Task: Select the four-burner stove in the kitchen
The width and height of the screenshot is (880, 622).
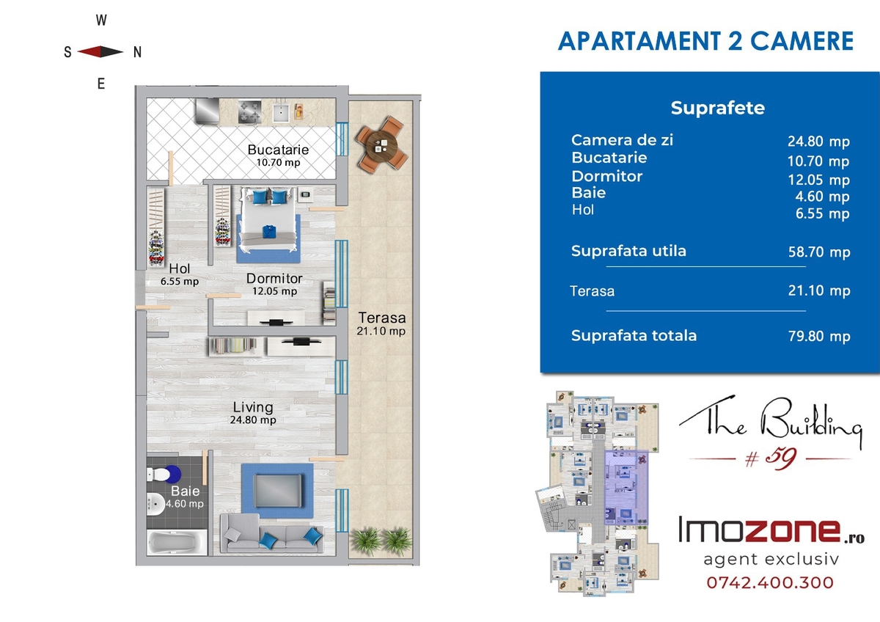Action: click(249, 111)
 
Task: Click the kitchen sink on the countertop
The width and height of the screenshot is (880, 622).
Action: click(281, 113)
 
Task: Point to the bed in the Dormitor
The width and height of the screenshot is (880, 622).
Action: click(268, 219)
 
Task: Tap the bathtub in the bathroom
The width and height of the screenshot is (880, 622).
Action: click(177, 543)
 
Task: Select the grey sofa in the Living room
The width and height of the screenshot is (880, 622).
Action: click(272, 533)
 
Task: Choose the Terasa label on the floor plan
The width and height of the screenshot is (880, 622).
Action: click(382, 318)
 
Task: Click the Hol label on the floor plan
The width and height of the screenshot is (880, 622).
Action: click(180, 268)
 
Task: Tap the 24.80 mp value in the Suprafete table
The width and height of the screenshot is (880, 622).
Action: click(818, 142)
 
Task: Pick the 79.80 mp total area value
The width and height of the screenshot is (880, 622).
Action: click(819, 337)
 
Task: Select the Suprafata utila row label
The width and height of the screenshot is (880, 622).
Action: click(628, 251)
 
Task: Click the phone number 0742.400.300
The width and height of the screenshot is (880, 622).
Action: click(770, 582)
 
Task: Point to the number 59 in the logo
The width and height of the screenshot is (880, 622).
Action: click(782, 458)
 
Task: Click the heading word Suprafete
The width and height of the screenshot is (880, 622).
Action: click(718, 108)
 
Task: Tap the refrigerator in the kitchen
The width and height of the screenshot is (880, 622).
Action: click(207, 111)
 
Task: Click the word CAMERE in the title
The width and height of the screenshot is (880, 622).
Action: click(802, 41)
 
